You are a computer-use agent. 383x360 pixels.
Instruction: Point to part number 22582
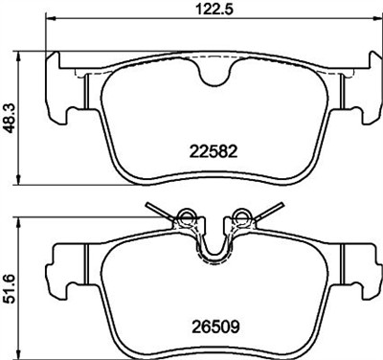point(214,151)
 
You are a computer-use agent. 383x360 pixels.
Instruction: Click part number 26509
point(215,327)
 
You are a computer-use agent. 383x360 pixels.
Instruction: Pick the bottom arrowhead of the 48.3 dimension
point(19,179)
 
